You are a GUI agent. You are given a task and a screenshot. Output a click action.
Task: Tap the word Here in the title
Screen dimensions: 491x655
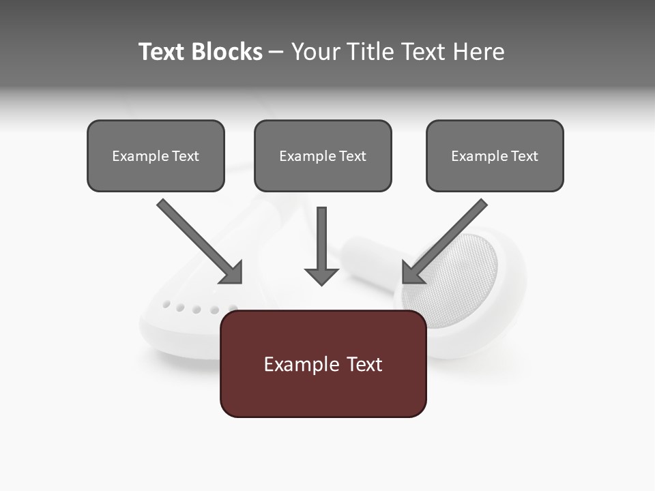[x=478, y=52]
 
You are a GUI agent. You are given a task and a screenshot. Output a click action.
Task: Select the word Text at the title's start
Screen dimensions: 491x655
[x=162, y=52]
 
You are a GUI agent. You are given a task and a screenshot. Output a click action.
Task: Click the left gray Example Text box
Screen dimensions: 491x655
[x=156, y=155]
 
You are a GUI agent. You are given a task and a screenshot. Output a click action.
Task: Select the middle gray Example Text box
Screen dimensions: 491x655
[x=323, y=155]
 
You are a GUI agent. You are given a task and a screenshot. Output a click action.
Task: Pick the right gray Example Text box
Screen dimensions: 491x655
[x=495, y=155]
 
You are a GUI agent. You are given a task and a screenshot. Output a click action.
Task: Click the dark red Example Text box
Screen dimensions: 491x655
[x=323, y=363]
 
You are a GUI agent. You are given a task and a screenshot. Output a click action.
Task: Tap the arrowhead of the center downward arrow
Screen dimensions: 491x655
[x=321, y=276]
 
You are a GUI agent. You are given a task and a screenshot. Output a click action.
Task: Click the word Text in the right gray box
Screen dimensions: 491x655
[x=524, y=156]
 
